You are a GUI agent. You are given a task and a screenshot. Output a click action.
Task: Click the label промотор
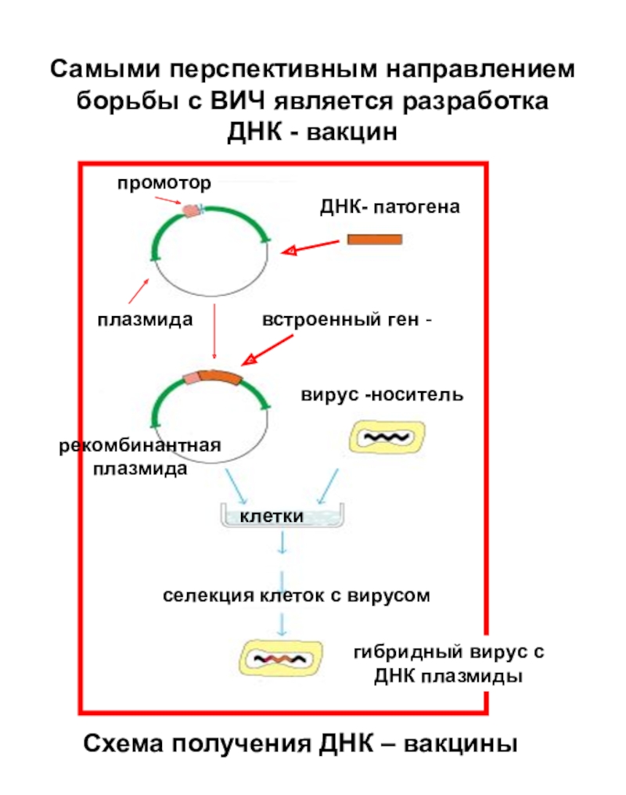pyautogui.click(x=164, y=183)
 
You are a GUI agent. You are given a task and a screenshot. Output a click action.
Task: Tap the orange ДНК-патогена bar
pyautogui.click(x=375, y=239)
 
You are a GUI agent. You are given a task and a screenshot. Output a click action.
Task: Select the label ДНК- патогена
pyautogui.click(x=390, y=207)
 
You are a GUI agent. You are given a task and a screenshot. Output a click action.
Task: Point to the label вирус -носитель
pyautogui.click(x=382, y=394)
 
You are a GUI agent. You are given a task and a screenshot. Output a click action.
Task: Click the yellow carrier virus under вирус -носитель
pyautogui.click(x=387, y=437)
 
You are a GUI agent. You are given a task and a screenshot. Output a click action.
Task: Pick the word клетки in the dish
pyautogui.click(x=272, y=516)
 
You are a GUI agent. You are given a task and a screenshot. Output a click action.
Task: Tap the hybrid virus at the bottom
pyautogui.click(x=281, y=658)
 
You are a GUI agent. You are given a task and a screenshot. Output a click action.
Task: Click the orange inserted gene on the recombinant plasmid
pyautogui.click(x=220, y=377)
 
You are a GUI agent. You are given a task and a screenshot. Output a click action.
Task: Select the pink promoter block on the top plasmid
pyautogui.click(x=191, y=211)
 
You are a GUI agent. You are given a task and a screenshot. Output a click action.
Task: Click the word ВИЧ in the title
pyautogui.click(x=237, y=100)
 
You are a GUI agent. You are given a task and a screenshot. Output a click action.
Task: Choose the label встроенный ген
pyautogui.click(x=341, y=320)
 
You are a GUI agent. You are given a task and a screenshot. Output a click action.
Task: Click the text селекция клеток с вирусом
pyautogui.click(x=297, y=595)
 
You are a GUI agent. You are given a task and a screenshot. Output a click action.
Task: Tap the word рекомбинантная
pyautogui.click(x=140, y=445)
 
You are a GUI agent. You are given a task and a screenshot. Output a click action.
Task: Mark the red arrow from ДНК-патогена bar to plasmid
pyautogui.click(x=310, y=247)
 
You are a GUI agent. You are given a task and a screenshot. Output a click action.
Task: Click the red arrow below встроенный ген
pyautogui.click(x=268, y=350)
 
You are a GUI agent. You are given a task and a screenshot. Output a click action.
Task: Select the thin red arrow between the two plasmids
pyautogui.click(x=214, y=332)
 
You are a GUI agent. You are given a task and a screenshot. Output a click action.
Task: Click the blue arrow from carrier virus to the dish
pyautogui.click(x=327, y=486)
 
